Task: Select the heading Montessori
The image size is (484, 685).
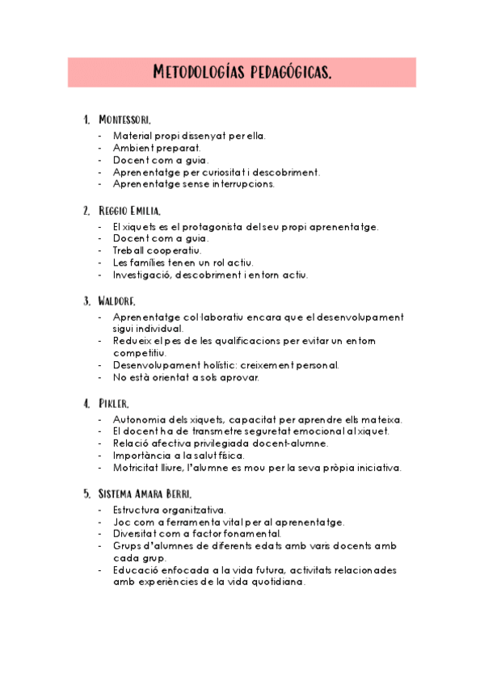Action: point(124,120)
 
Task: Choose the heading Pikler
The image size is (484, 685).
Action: point(114,403)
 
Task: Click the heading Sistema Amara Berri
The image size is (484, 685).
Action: point(145,494)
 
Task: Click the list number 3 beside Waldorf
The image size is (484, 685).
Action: point(86,301)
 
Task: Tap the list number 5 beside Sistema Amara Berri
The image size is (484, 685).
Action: point(86,494)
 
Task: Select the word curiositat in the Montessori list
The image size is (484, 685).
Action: point(228,172)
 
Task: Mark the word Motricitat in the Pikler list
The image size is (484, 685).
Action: point(139,468)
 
